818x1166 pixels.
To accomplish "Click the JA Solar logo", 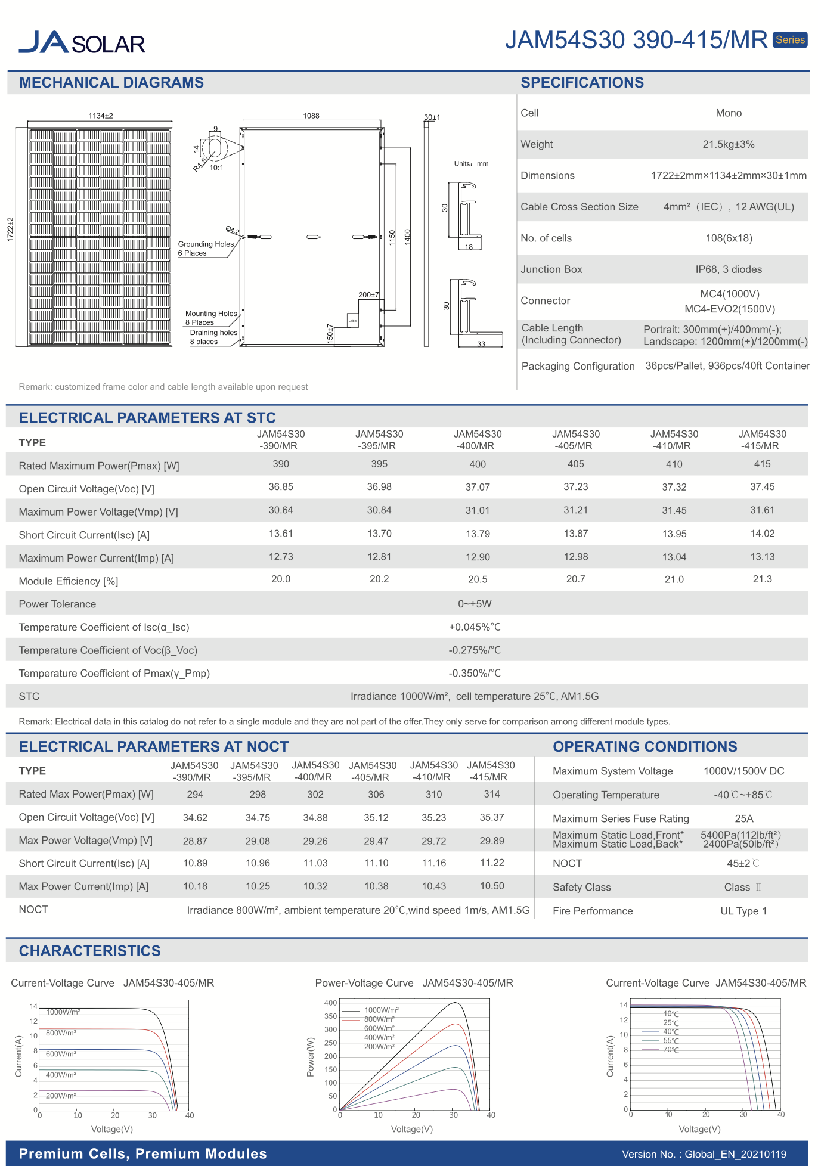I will click(x=82, y=43).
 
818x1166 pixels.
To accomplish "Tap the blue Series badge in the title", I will click(x=790, y=40).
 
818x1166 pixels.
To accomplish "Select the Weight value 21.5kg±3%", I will click(x=728, y=144).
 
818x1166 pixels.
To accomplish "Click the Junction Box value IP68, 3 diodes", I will click(x=728, y=269).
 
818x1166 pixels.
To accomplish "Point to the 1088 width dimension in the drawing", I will click(x=311, y=116).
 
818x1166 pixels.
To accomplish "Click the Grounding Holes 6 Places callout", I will click(x=206, y=249).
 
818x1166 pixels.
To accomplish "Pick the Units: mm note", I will click(x=471, y=164).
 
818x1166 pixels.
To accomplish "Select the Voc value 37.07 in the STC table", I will click(x=478, y=487).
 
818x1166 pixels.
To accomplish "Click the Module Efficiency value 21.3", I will click(x=762, y=579).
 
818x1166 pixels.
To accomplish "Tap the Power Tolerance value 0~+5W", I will click(x=475, y=604).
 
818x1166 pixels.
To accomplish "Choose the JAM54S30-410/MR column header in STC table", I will click(x=674, y=440).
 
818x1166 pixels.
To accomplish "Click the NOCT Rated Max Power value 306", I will click(x=376, y=795).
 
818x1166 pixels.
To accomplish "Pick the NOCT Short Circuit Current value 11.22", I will click(x=492, y=863).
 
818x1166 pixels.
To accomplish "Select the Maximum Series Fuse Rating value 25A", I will click(x=743, y=818).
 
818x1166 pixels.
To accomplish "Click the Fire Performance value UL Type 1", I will click(x=743, y=911).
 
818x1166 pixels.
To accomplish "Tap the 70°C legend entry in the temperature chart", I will click(x=671, y=1050).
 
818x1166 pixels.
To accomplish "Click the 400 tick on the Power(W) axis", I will click(x=331, y=1003).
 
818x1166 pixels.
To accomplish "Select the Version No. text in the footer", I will click(x=704, y=1154).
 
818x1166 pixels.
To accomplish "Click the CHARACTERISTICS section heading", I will click(x=90, y=951).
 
